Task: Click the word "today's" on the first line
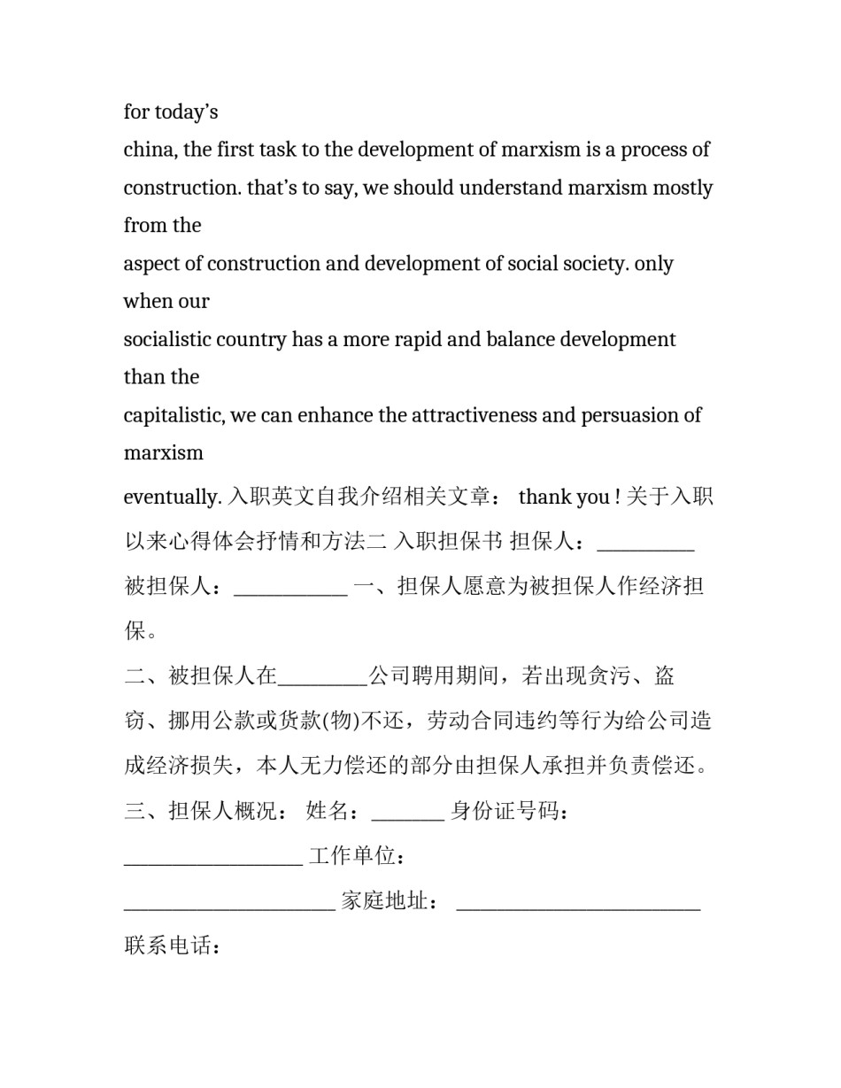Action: tap(186, 112)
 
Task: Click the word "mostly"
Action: tap(682, 188)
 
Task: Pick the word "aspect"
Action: tap(151, 264)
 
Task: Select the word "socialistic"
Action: tap(168, 340)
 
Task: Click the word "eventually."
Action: tap(173, 498)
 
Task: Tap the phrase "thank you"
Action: tap(563, 498)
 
